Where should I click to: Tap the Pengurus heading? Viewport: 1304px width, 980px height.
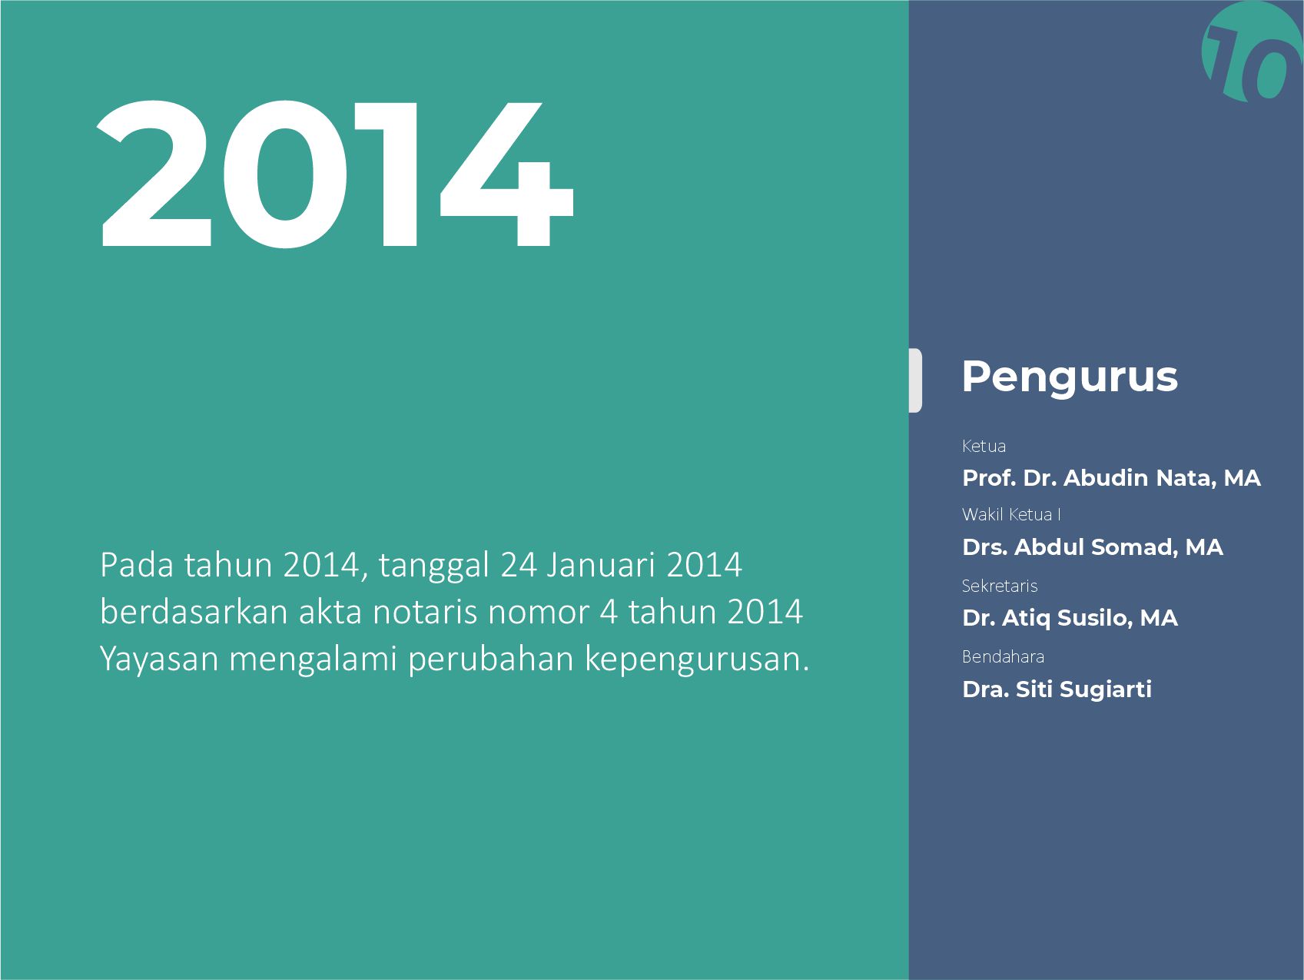[1069, 377]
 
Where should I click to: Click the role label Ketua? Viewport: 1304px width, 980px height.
[984, 446]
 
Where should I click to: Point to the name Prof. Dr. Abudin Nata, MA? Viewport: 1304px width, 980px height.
[1111, 478]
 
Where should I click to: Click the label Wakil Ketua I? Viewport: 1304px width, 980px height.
[1011, 514]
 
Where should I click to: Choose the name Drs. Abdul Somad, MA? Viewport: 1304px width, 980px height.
[1092, 547]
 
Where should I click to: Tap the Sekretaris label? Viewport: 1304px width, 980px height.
[1000, 586]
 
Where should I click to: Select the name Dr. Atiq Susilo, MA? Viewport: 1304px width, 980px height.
[1070, 618]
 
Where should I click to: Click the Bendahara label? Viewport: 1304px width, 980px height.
[1003, 656]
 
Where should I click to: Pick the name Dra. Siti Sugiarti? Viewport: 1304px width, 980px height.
[1057, 689]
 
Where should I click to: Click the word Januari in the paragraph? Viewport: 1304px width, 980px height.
[601, 566]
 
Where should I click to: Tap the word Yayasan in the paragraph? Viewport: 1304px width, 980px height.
[159, 659]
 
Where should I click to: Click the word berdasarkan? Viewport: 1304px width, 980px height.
[194, 613]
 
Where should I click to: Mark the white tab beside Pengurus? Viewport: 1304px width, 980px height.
[915, 380]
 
